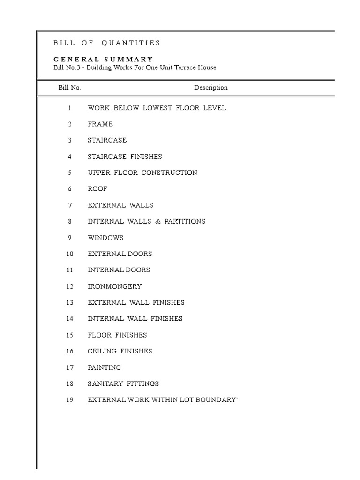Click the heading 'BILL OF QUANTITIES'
tap(107, 43)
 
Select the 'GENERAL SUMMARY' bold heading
tap(103, 59)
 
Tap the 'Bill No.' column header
tap(69, 88)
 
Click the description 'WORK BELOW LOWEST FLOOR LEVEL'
tap(157, 108)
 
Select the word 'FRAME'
tap(100, 124)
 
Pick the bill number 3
tap(70, 140)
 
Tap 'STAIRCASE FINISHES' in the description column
tap(125, 157)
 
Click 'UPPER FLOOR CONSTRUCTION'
tap(142, 172)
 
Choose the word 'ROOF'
tap(97, 189)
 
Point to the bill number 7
tap(70, 205)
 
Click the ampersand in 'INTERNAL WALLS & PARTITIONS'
tap(157, 221)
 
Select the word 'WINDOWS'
tap(105, 238)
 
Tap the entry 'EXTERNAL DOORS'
tap(120, 254)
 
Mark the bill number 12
tap(70, 286)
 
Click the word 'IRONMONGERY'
tap(115, 286)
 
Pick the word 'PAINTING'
tap(104, 367)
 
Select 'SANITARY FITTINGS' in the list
tap(123, 383)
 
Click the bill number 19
tap(70, 400)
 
